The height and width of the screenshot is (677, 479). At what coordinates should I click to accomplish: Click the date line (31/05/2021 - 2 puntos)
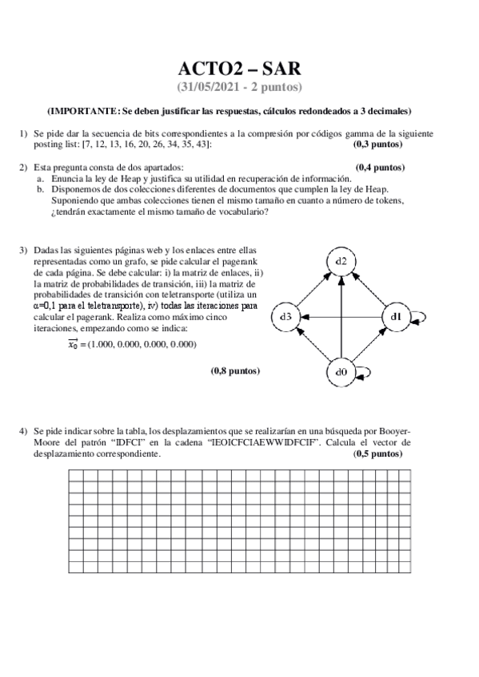239,86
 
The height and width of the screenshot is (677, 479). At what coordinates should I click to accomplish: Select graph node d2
341,261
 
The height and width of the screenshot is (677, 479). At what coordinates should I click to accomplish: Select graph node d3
285,317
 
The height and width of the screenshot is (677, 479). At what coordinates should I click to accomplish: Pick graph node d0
341,372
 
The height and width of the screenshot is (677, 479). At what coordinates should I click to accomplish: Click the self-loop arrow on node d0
365,372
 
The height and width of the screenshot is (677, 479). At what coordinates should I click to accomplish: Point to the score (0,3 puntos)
377,145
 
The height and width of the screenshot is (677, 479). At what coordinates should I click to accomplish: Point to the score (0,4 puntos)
380,168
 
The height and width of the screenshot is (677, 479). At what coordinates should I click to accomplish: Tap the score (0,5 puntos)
377,453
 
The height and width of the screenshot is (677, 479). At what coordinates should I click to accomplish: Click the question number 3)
24,251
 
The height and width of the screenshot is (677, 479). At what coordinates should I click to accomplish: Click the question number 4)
24,431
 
